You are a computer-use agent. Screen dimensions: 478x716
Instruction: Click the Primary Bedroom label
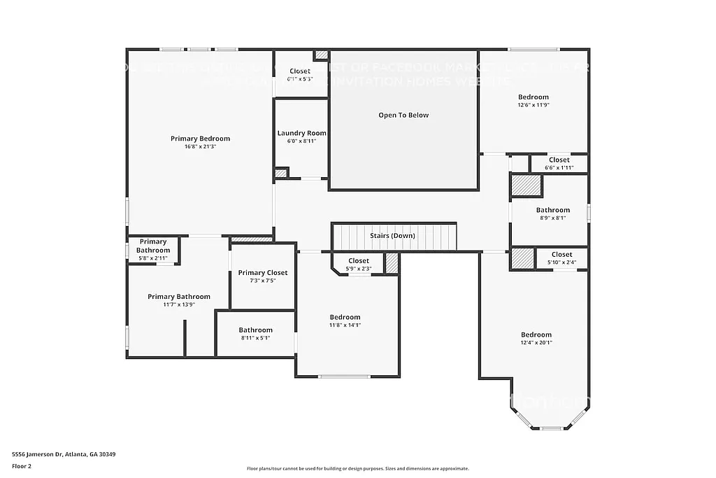(x=200, y=139)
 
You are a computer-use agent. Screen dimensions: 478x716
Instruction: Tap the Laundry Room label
(x=301, y=133)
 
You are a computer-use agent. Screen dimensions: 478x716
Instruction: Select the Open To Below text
(x=403, y=115)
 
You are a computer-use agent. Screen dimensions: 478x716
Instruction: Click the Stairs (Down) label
(x=392, y=236)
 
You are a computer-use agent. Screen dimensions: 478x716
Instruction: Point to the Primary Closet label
(x=262, y=273)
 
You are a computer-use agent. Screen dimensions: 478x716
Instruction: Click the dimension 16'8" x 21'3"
(x=200, y=147)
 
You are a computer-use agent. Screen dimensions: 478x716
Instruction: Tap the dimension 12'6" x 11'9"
(x=533, y=105)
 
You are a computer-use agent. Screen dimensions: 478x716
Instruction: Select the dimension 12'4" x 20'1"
(x=536, y=343)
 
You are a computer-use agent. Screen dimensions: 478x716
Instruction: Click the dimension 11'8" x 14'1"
(x=345, y=325)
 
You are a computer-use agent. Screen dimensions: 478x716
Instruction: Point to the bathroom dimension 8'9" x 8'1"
(x=552, y=218)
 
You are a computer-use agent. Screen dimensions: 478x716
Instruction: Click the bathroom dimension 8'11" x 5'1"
(x=255, y=338)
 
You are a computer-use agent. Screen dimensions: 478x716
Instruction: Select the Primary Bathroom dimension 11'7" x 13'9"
(x=178, y=305)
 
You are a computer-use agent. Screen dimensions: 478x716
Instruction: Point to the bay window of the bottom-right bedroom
(x=551, y=427)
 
